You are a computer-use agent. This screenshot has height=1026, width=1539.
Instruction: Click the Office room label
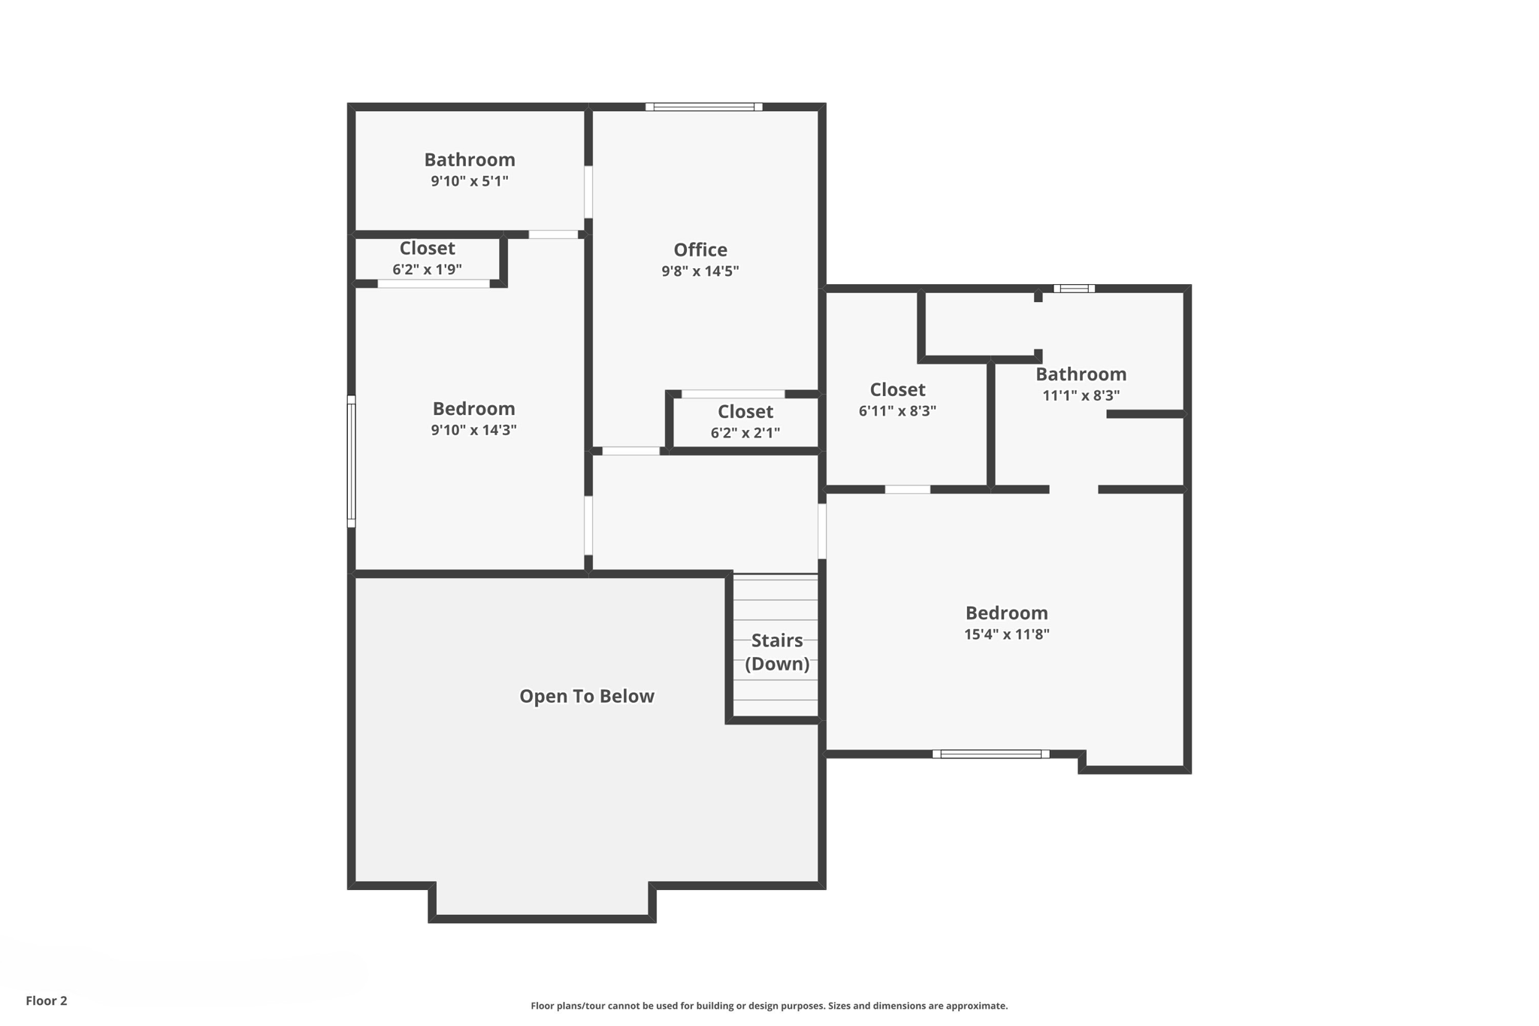[700, 250]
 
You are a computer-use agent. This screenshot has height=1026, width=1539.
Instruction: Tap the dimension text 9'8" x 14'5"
[700, 271]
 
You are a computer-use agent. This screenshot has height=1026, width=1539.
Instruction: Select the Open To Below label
[586, 696]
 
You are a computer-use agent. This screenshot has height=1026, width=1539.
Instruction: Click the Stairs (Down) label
[776, 652]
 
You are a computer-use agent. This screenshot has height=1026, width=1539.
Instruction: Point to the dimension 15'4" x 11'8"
[1006, 634]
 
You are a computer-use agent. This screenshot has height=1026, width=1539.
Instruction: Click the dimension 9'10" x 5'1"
[469, 181]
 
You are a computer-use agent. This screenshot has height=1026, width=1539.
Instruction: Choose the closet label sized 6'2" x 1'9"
[427, 248]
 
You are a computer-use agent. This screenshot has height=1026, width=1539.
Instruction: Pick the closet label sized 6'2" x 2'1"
[745, 412]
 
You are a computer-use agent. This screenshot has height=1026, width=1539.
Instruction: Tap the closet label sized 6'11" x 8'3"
[897, 389]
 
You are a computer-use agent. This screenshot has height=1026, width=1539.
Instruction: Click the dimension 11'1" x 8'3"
[1081, 395]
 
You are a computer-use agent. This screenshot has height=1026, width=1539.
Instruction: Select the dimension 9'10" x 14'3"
[473, 430]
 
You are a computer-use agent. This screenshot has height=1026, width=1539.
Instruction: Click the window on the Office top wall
[703, 107]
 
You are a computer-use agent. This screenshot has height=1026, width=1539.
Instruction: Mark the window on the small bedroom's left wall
[351, 461]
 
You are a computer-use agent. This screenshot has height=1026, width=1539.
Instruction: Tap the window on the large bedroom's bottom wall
[990, 754]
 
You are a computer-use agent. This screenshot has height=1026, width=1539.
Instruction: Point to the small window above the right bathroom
[1073, 289]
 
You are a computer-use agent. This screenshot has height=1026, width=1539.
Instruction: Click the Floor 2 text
[47, 1000]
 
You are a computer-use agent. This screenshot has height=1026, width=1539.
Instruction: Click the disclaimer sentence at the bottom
[769, 1006]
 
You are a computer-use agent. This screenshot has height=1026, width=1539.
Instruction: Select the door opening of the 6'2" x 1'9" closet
[433, 283]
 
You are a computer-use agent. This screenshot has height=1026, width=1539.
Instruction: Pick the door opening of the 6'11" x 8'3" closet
[907, 489]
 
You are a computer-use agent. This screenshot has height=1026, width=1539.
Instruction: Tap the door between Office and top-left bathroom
[588, 192]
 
